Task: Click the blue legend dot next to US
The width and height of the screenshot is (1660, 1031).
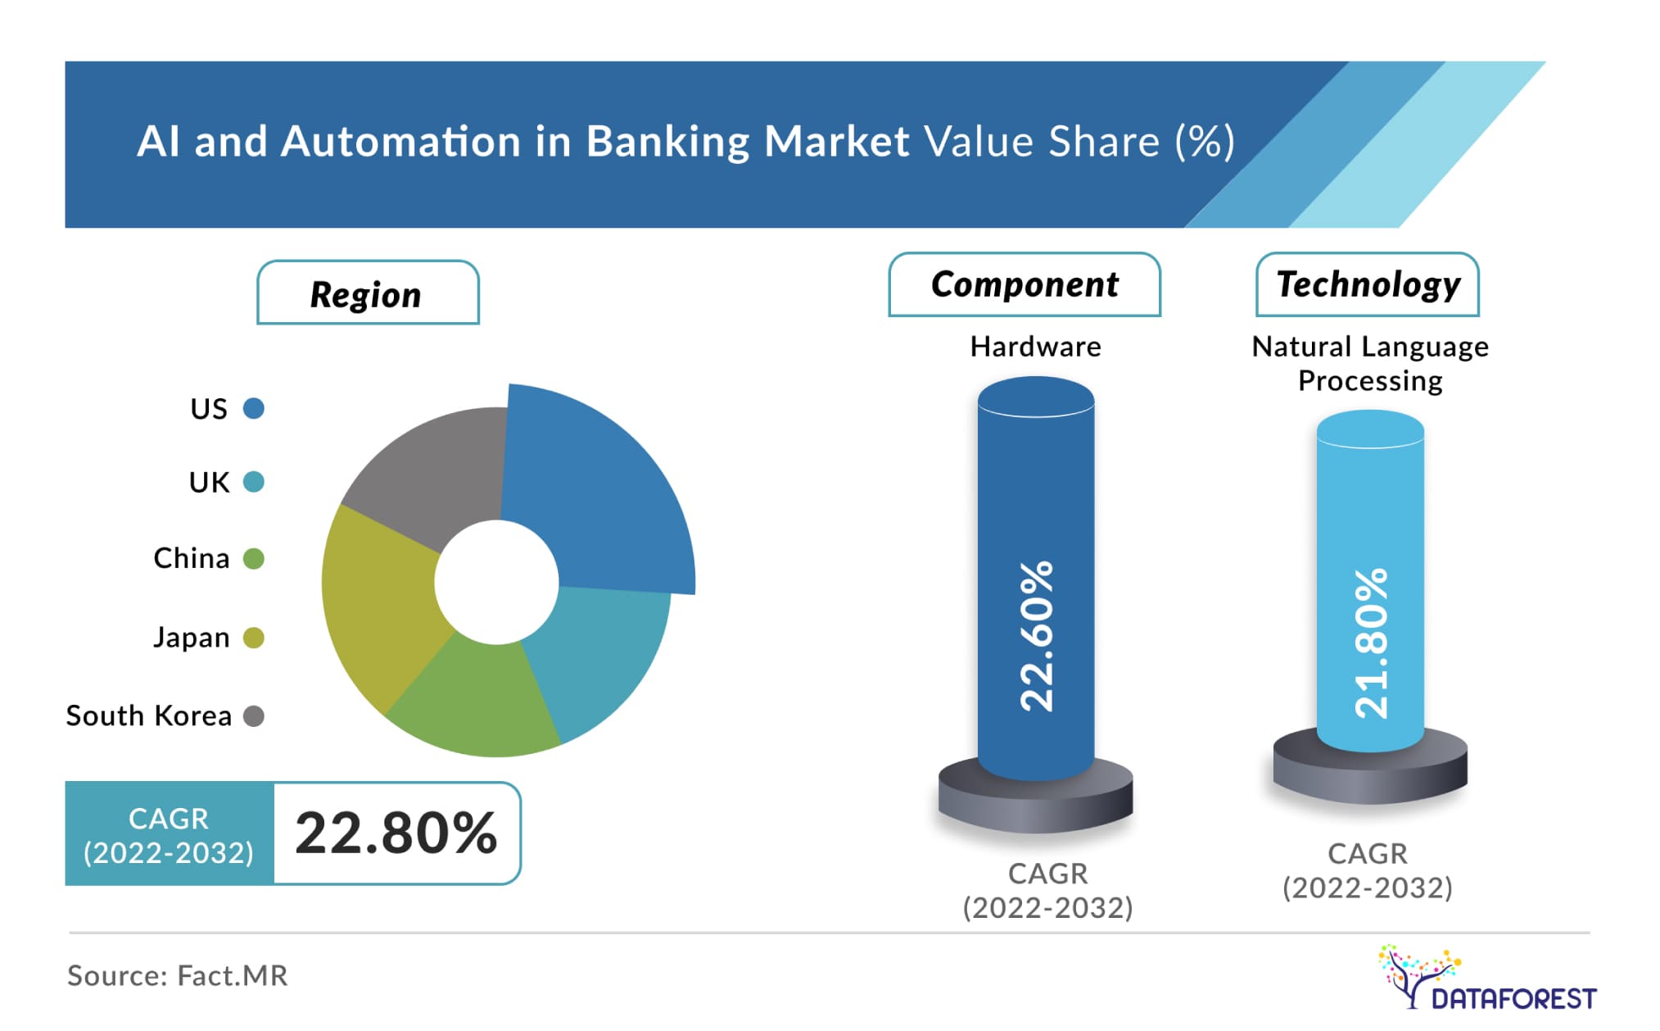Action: click(x=254, y=408)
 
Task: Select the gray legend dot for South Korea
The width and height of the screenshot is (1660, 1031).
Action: click(x=254, y=716)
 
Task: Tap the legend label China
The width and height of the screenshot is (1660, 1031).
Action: click(x=192, y=558)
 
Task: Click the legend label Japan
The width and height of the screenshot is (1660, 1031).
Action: click(x=192, y=637)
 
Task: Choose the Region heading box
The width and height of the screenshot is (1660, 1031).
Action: click(x=368, y=293)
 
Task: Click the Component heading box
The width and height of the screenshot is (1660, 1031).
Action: click(x=1024, y=284)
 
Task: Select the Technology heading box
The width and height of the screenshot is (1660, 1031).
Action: click(x=1368, y=284)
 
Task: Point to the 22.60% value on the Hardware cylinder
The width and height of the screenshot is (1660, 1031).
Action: click(x=1036, y=636)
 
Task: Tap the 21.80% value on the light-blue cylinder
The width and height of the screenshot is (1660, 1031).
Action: click(x=1371, y=643)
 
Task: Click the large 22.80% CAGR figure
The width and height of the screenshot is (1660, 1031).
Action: click(x=396, y=833)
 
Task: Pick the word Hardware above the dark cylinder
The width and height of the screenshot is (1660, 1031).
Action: click(x=1035, y=347)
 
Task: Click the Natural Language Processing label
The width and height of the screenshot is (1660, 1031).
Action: click(x=1370, y=364)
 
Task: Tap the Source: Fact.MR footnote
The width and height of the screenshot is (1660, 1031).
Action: click(x=177, y=975)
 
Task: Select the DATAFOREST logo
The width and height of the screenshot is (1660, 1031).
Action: click(x=1487, y=977)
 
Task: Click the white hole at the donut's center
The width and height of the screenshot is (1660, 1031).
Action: click(x=496, y=582)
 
